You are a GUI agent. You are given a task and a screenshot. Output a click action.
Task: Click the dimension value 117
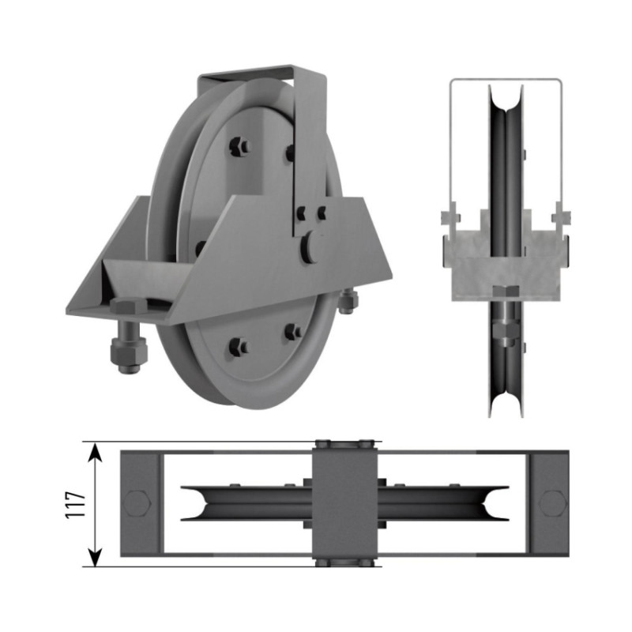pos(75,505)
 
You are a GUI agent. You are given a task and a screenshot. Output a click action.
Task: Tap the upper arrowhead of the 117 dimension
pos(95,452)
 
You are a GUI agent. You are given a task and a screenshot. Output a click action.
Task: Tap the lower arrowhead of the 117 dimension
pos(95,556)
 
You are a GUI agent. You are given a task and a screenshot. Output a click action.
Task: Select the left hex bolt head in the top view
pos(137,503)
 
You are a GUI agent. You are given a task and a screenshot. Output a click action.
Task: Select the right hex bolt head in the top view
pos(553,503)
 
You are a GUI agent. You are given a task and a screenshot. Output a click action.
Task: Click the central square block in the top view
pos(345,504)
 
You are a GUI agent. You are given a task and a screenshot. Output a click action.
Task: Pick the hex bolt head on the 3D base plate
pos(129,307)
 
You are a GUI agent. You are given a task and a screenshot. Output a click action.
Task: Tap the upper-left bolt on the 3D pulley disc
pos(239,146)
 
